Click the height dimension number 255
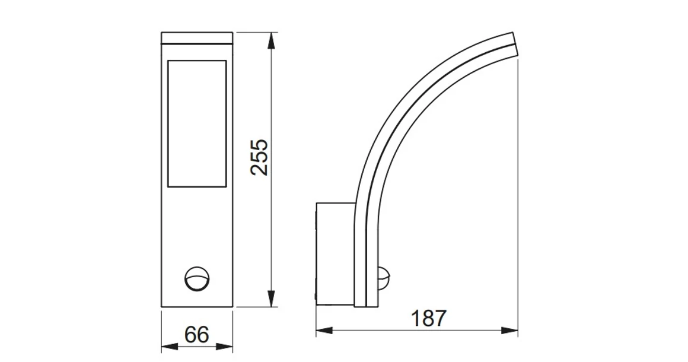259,157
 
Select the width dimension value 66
197,335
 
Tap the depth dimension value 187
428,319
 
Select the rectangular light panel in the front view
197,123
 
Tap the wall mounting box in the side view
335,254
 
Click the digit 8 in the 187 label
428,319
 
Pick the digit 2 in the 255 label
259,169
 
